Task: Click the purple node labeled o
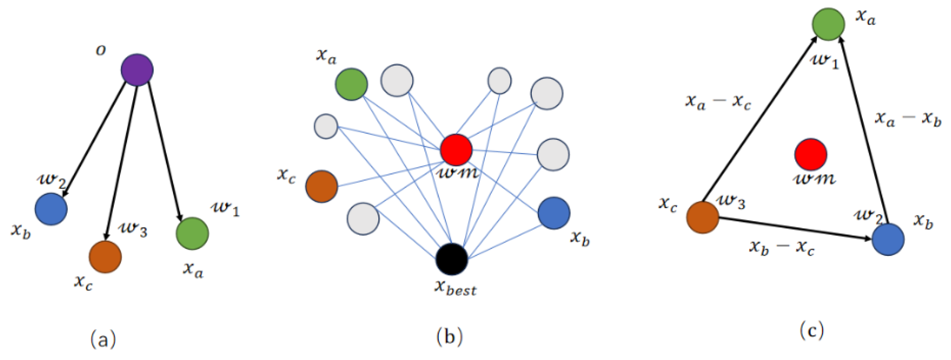pos(137,70)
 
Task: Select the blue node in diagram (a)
pos(51,209)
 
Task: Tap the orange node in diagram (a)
pos(105,257)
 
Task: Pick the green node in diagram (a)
pos(192,233)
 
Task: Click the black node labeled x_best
pos(452,259)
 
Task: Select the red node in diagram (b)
pos(456,150)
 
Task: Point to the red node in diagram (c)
pos(811,154)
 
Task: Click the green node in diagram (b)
pos(351,84)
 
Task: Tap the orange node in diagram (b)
pos(322,186)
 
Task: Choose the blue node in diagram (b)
pos(554,213)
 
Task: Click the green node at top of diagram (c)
pos(828,24)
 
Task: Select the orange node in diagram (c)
pos(703,217)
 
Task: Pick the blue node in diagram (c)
pos(888,239)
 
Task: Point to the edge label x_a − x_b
pos(908,119)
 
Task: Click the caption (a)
pos(103,339)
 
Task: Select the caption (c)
pos(812,330)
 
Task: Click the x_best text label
pos(455,288)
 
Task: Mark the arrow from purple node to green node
pos(165,151)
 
